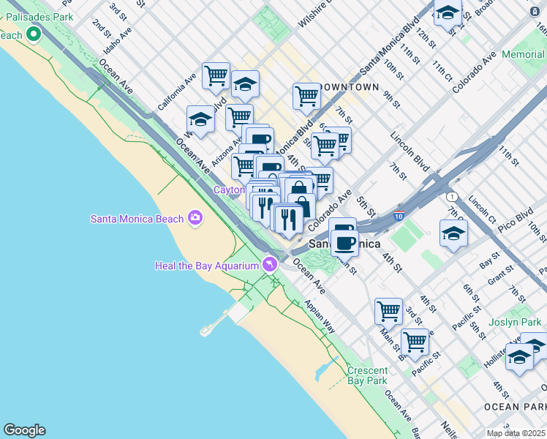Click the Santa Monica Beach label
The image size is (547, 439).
click(137, 218)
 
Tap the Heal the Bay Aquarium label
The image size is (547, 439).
click(207, 265)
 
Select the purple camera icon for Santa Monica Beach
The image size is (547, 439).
click(195, 217)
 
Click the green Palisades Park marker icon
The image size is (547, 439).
click(33, 34)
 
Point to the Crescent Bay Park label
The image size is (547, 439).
click(367, 375)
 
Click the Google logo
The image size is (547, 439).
click(24, 430)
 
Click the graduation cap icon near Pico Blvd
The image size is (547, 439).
click(453, 233)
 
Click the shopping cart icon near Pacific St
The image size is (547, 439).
click(415, 341)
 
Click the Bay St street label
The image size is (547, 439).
click(488, 260)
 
